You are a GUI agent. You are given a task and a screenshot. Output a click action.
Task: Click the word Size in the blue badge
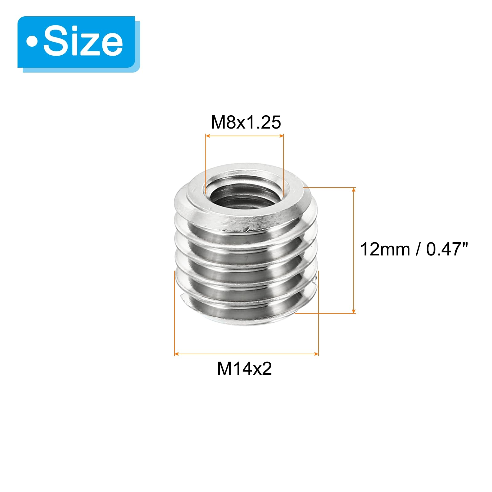pyautogui.click(x=83, y=42)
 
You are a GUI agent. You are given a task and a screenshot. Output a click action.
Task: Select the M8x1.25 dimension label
pyautogui.click(x=246, y=122)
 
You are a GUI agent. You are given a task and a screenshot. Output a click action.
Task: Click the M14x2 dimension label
pyautogui.click(x=244, y=368)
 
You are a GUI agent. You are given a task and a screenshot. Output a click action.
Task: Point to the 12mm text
pyautogui.click(x=385, y=249)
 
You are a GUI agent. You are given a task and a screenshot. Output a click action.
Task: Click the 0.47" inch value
pyautogui.click(x=447, y=249)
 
